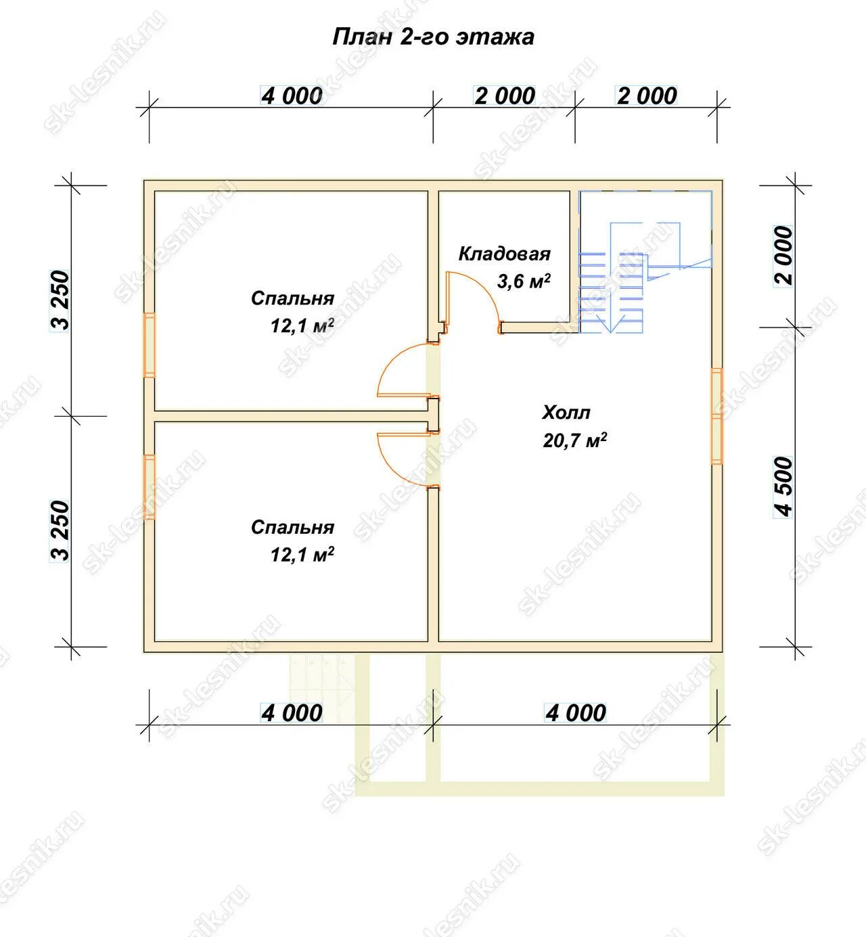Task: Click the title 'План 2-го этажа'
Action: point(433,37)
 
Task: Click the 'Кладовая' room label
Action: point(504,254)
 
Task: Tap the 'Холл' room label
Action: point(566,413)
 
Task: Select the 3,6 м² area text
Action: point(524,281)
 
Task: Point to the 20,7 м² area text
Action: point(574,440)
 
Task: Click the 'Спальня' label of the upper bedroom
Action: point(292,298)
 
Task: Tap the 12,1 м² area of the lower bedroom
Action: point(302,555)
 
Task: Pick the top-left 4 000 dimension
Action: point(292,96)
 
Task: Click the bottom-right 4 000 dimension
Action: point(575,713)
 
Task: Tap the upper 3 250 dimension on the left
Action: point(60,300)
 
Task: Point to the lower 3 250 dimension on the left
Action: point(60,531)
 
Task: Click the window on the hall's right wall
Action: point(717,416)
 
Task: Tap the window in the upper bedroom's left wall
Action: point(149,345)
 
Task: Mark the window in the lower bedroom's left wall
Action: point(149,487)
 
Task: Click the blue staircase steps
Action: point(611,292)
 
